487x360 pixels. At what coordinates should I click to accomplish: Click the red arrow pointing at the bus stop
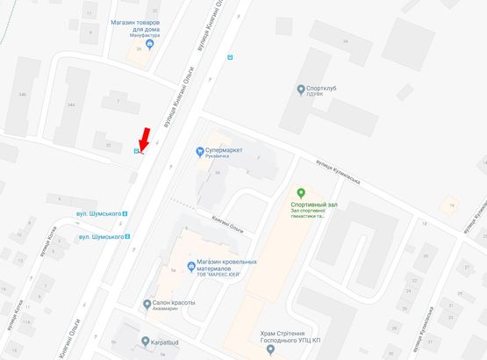coord(144,139)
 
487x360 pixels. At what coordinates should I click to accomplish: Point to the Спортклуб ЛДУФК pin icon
coord(299,88)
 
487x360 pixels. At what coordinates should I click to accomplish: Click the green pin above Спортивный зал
coord(301,193)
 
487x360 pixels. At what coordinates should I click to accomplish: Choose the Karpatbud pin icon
coord(146,342)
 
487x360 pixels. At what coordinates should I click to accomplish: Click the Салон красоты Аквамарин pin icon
coord(146,303)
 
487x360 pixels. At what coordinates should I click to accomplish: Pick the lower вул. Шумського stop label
coord(99,237)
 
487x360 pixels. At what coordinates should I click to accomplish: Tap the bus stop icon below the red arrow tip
coord(136,151)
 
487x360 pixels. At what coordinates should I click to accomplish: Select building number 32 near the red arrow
coord(108,145)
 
